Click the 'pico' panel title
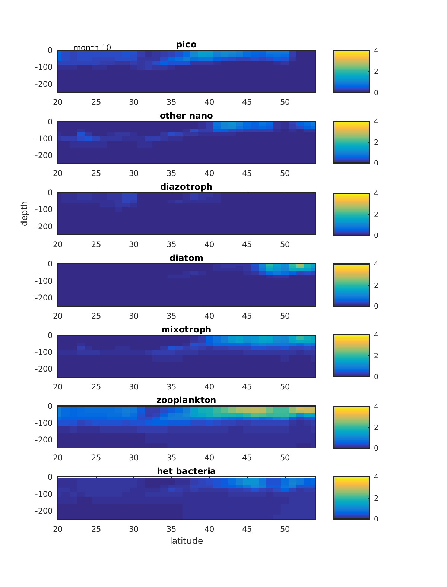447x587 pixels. click(x=186, y=45)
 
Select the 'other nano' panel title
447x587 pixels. click(x=186, y=116)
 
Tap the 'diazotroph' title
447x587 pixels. click(x=186, y=187)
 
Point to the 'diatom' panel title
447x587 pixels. click(x=186, y=258)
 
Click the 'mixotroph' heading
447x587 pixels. click(x=186, y=329)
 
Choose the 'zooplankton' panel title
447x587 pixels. click(x=186, y=400)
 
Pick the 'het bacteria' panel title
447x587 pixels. click(x=186, y=471)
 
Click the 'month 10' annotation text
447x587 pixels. click(x=92, y=48)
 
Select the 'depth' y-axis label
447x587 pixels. click(x=25, y=214)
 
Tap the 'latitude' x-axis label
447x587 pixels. click(x=186, y=541)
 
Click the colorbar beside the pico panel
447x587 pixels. click(x=351, y=71)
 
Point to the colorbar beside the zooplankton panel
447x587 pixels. click(x=351, y=427)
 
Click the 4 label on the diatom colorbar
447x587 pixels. click(x=376, y=264)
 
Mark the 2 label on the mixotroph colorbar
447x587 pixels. click(x=376, y=356)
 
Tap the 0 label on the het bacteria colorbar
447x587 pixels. click(x=376, y=519)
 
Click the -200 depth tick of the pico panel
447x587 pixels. click(x=44, y=84)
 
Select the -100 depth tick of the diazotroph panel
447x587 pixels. click(x=44, y=209)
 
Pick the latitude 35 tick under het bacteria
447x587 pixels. click(x=171, y=529)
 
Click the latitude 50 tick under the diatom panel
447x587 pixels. click(x=285, y=316)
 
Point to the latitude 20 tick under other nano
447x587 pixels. click(x=58, y=173)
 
